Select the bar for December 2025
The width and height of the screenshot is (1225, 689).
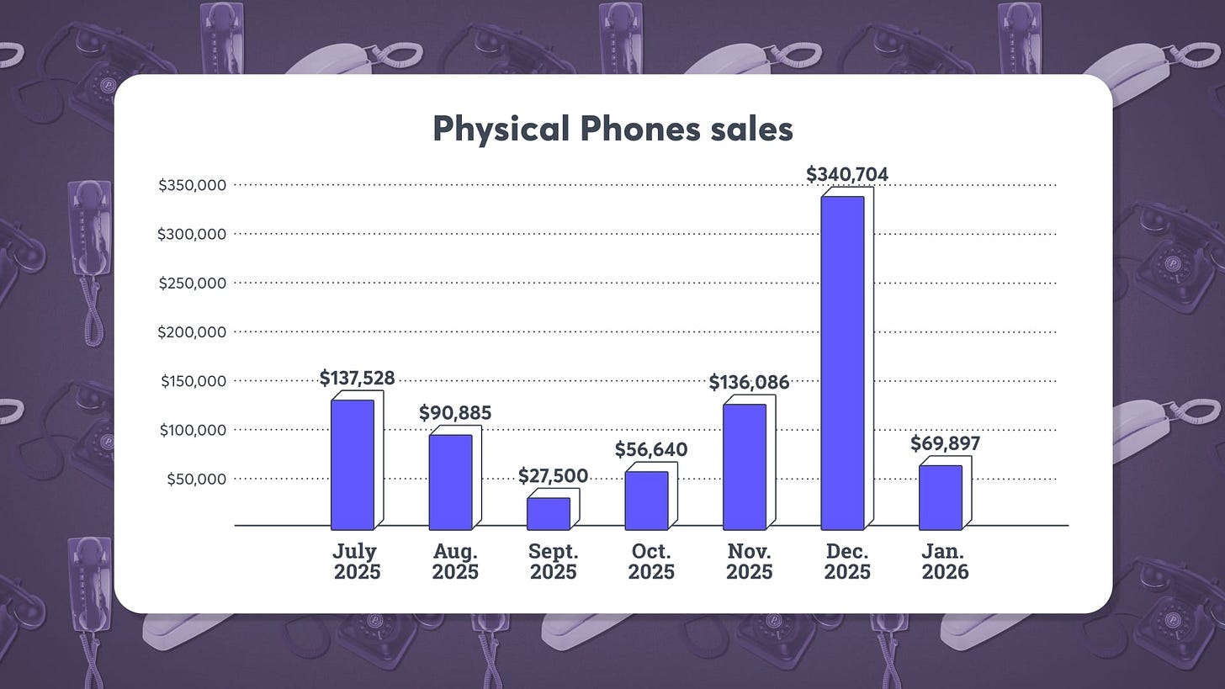pyautogui.click(x=843, y=363)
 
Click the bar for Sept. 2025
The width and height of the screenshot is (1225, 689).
pyautogui.click(x=549, y=514)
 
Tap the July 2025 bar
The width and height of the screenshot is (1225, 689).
pyautogui.click(x=353, y=464)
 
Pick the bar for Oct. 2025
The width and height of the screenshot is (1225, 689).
pyautogui.click(x=646, y=501)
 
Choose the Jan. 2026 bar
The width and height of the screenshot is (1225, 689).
pyautogui.click(x=940, y=497)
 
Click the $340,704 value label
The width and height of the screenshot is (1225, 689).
pyautogui.click(x=847, y=174)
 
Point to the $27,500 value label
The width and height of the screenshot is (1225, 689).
pyautogui.click(x=553, y=476)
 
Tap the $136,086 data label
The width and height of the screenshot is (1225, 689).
pyautogui.click(x=749, y=383)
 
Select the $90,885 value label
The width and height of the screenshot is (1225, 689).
pyautogui.click(x=455, y=413)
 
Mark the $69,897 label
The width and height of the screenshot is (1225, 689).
pyautogui.click(x=945, y=443)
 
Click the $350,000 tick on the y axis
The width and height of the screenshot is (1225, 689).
pyautogui.click(x=192, y=185)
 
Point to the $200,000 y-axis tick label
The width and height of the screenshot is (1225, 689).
pyautogui.click(x=192, y=332)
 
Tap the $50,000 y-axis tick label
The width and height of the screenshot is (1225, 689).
pyautogui.click(x=196, y=480)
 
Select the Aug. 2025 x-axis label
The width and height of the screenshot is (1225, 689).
pyautogui.click(x=455, y=562)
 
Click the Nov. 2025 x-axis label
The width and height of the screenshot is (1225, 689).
pyautogui.click(x=749, y=562)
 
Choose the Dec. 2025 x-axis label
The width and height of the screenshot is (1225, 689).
pyautogui.click(x=847, y=562)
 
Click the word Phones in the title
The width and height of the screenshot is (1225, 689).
pyautogui.click(x=639, y=130)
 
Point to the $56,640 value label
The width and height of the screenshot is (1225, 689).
pyautogui.click(x=650, y=450)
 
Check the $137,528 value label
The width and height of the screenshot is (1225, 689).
pyautogui.click(x=357, y=379)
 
